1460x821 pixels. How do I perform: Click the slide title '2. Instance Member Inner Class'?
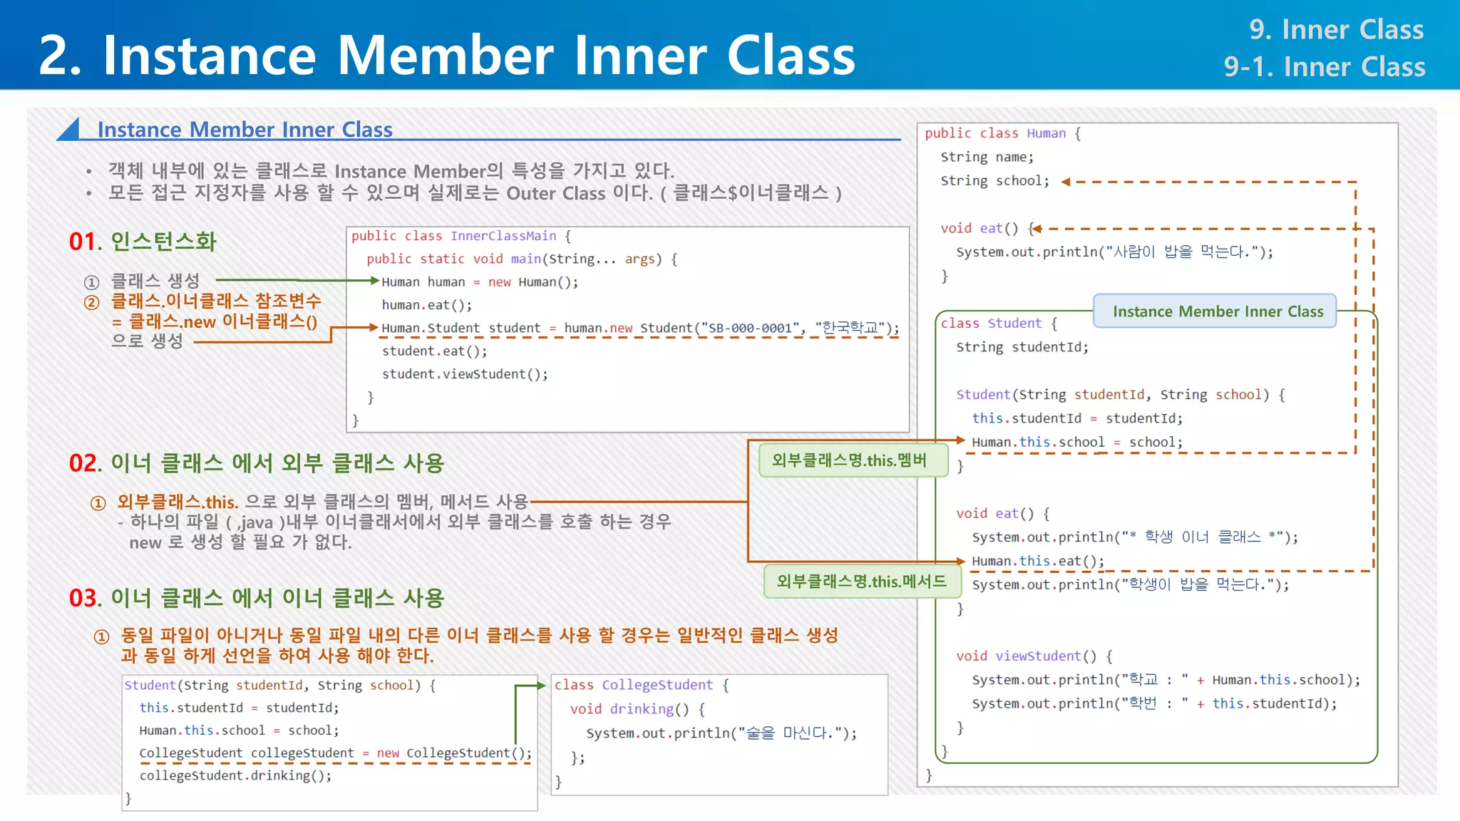[x=446, y=56]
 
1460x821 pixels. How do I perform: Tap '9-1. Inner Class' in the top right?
[x=1324, y=67]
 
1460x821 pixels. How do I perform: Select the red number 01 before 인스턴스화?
[x=85, y=242]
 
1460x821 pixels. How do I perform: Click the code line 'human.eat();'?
[x=426, y=305]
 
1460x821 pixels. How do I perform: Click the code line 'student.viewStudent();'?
[x=465, y=374]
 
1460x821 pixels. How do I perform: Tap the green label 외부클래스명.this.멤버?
[x=850, y=460]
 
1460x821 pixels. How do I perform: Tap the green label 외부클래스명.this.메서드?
[x=861, y=582]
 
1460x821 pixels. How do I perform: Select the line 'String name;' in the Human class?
[x=987, y=157]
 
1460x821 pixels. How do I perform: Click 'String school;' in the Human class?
[x=994, y=181]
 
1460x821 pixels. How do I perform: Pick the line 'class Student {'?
[x=998, y=324]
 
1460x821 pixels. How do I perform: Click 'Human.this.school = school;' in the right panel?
[x=1076, y=443]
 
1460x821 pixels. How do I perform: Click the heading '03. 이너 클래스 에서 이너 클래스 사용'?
[x=257, y=598]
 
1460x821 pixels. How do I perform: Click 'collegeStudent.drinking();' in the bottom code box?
[x=235, y=775]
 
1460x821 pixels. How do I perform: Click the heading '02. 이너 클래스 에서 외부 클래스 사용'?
[x=257, y=463]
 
